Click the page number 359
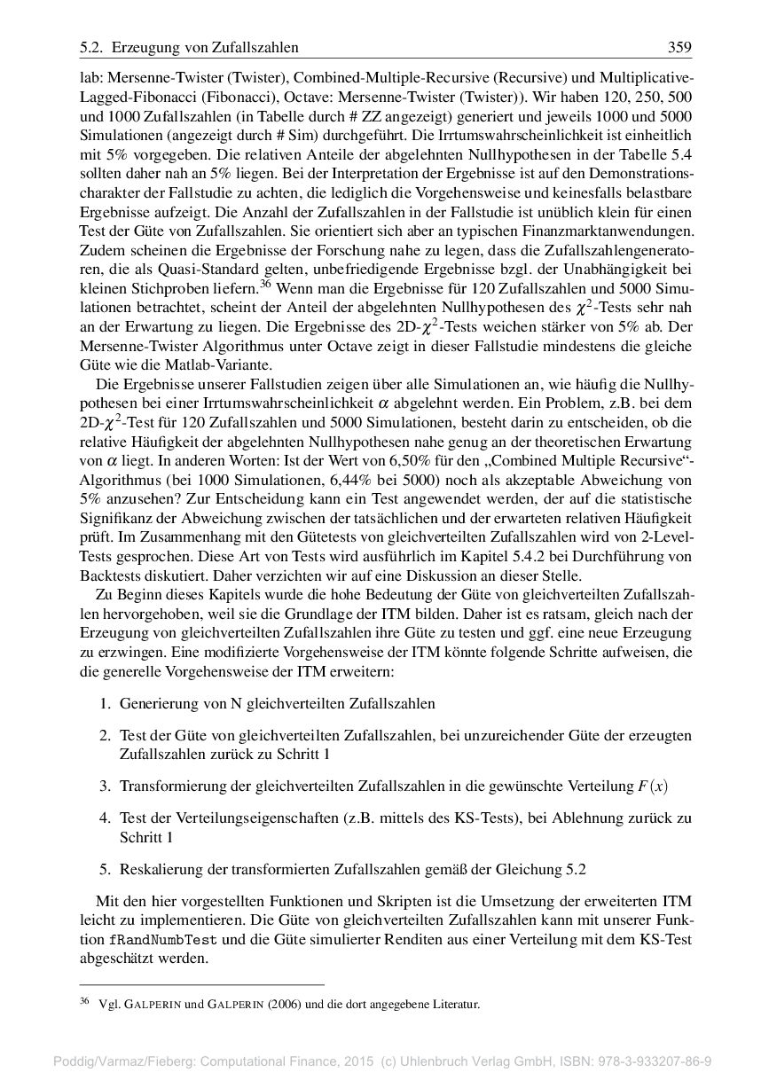679,47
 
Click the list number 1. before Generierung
105,703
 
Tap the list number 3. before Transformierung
105,785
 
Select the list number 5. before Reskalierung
105,868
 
